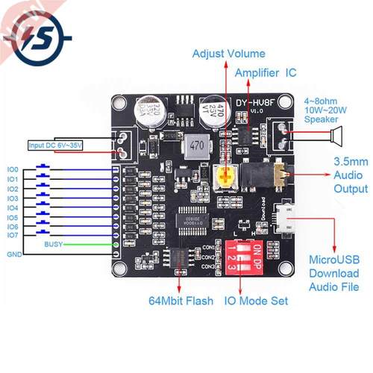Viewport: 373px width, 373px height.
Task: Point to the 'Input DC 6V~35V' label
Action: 55,145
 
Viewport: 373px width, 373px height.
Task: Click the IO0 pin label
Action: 13,170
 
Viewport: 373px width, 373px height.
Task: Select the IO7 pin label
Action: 13,235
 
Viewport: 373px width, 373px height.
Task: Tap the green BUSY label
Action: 54,245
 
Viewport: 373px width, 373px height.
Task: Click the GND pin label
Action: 13,254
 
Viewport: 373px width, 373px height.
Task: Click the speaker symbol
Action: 335,136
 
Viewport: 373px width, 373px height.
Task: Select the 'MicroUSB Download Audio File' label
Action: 335,273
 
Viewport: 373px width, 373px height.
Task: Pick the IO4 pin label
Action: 13,207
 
